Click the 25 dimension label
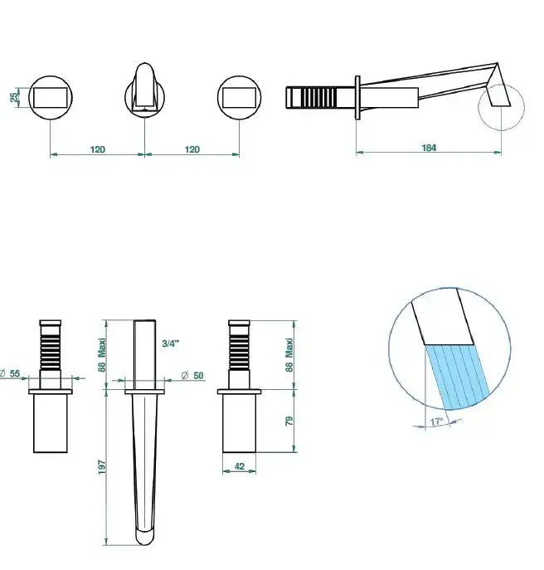(x=13, y=97)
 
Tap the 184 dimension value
(x=429, y=148)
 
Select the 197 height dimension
(x=102, y=467)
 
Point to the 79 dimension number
(x=289, y=421)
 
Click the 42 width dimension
(x=240, y=466)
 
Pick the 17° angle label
(x=437, y=421)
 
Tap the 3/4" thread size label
(x=171, y=343)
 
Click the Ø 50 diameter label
(x=192, y=375)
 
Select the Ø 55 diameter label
(x=10, y=373)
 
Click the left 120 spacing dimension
(x=97, y=149)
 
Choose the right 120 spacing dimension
(x=192, y=149)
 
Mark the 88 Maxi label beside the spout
(x=102, y=355)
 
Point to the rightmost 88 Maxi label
(x=289, y=355)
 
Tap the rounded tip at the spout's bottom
(x=145, y=538)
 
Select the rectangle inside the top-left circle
(x=51, y=97)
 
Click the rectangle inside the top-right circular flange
(x=239, y=97)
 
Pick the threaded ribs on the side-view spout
(x=318, y=97)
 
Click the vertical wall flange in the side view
(x=357, y=97)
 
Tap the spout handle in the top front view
(x=144, y=86)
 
